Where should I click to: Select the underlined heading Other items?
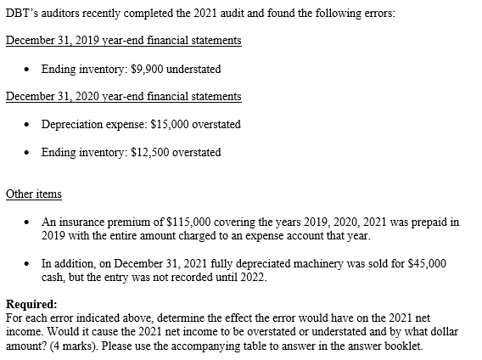click(x=33, y=194)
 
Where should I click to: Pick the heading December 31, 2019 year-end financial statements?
click(x=123, y=41)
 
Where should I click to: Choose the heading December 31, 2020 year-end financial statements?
click(x=123, y=96)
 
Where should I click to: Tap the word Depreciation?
click(x=70, y=124)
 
